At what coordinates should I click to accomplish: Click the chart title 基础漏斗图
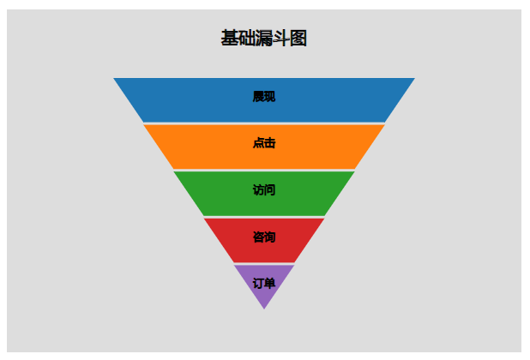[x=264, y=39]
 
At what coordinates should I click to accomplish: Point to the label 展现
[x=264, y=97]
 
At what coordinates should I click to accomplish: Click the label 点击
[x=264, y=143]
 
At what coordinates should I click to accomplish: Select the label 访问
[x=264, y=189]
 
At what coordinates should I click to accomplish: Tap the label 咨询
[x=264, y=237]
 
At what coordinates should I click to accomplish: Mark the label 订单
[x=264, y=283]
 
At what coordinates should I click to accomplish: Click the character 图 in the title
[x=298, y=39]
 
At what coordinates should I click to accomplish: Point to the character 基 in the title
[x=231, y=39]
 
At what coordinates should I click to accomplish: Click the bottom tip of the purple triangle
[x=264, y=307]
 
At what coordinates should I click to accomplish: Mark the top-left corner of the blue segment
[x=115, y=79]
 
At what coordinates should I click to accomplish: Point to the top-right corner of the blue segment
[x=413, y=79]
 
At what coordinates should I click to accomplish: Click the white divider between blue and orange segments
[x=264, y=123]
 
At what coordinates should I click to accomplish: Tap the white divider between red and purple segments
[x=264, y=264]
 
